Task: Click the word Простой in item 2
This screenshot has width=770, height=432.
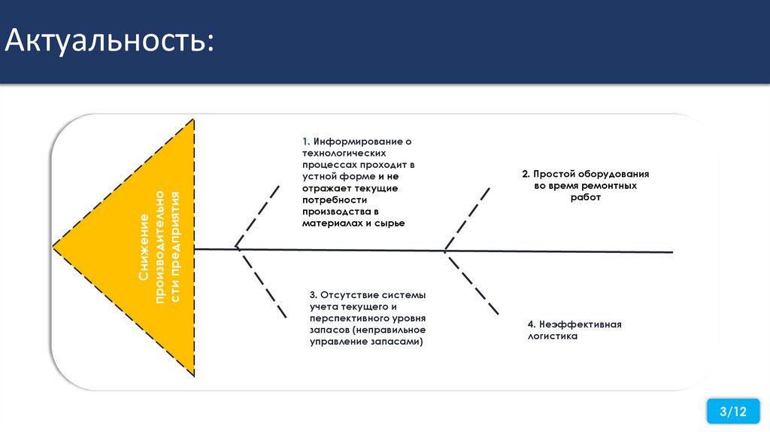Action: [x=553, y=174]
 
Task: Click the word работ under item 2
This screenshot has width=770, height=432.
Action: [x=586, y=197]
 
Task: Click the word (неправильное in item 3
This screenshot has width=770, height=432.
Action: [x=392, y=330]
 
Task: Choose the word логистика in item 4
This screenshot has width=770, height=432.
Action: [x=553, y=336]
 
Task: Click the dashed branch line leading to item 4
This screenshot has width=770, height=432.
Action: [x=474, y=284]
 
